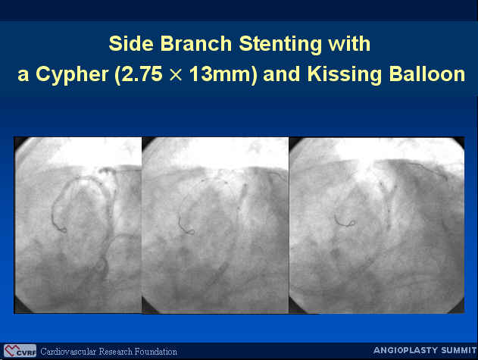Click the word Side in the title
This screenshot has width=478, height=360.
point(131,44)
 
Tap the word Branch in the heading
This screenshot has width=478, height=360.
point(196,44)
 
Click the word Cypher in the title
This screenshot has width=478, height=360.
point(72,75)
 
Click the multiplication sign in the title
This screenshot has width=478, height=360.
point(175,75)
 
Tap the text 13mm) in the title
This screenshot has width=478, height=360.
point(223,75)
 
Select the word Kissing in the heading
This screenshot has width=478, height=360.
point(344,75)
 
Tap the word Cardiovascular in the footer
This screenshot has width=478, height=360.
point(68,352)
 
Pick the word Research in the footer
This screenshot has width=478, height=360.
point(116,352)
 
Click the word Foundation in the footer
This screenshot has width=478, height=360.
point(156,352)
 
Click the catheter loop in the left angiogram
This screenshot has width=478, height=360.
point(64,230)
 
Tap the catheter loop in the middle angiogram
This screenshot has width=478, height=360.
point(191,232)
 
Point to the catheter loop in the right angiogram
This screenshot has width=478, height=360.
point(352,223)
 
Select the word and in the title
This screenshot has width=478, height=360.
point(281,74)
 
